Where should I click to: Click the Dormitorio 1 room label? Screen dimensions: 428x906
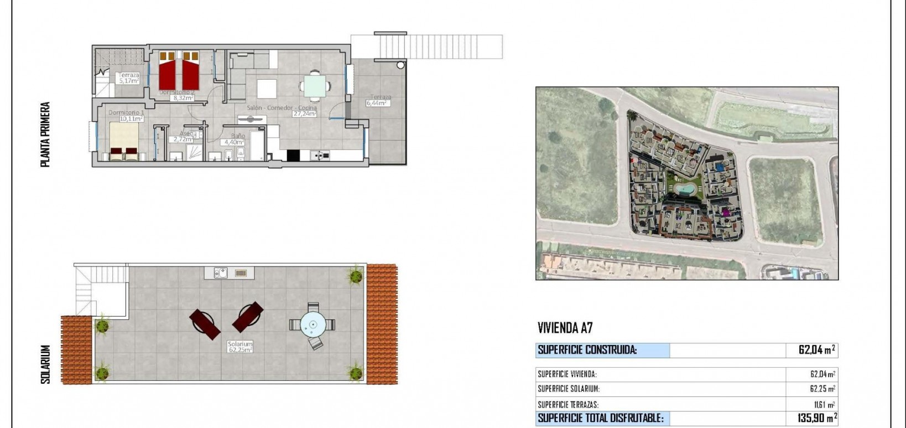(126, 112)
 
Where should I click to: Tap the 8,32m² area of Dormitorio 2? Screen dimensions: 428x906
(183, 98)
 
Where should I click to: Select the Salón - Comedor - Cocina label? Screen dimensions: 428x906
(282, 107)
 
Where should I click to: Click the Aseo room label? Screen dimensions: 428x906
(188, 134)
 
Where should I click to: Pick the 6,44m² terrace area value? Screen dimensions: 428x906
(378, 103)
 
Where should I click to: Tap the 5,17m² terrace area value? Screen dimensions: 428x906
(128, 81)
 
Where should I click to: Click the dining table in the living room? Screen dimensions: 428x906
(315, 86)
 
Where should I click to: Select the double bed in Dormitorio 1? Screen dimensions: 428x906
(124, 141)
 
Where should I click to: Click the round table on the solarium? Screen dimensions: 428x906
(313, 324)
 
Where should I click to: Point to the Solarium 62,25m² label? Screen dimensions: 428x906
(240, 347)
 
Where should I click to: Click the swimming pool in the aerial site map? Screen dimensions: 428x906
(684, 189)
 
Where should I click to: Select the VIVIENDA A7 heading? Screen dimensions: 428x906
(565, 328)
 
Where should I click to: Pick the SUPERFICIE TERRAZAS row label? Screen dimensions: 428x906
(568, 405)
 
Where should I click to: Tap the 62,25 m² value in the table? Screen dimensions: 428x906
(822, 389)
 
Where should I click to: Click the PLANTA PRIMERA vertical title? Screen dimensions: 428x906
(46, 135)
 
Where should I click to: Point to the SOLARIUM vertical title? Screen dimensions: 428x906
(46, 364)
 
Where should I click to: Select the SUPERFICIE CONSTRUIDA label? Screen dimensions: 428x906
(587, 350)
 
